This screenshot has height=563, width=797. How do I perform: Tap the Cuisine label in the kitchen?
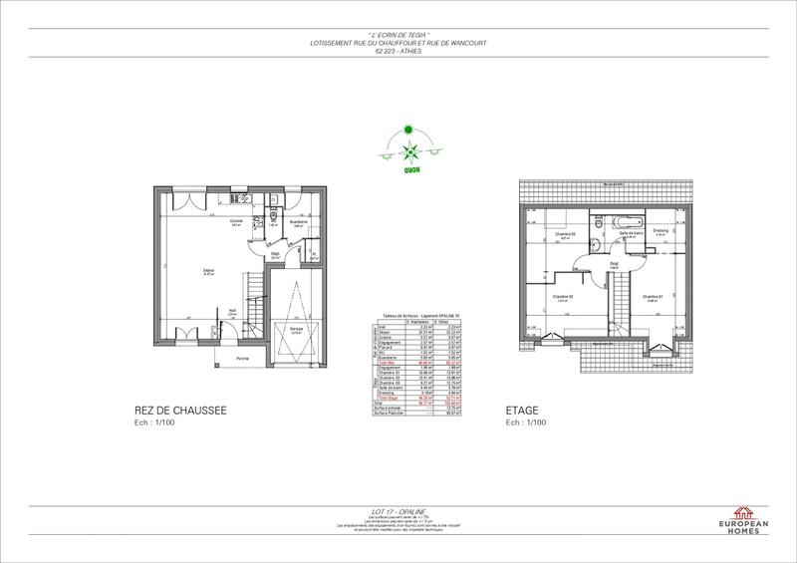[x=237, y=221]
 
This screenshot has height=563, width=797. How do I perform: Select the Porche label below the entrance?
[x=242, y=358]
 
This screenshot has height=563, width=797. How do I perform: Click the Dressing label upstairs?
[x=661, y=230]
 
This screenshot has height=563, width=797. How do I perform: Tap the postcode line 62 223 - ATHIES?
[x=398, y=50]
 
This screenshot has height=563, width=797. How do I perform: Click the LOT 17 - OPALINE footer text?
[x=398, y=511]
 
